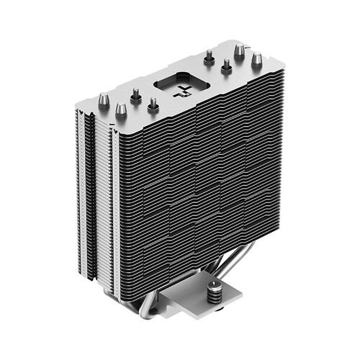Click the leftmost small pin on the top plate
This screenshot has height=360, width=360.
[135, 94]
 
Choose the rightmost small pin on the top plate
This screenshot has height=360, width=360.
[226, 66]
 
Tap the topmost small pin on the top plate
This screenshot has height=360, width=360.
[209, 58]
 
